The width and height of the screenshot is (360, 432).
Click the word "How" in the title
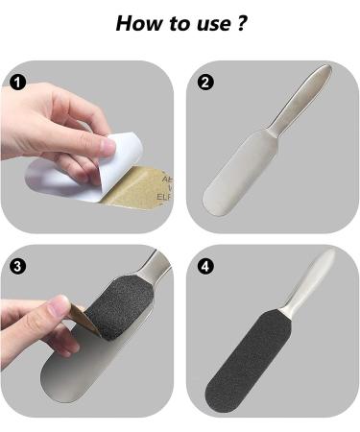137,23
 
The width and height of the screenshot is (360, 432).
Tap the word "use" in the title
208,24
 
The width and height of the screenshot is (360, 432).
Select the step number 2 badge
204,82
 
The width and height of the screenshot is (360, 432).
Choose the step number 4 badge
204,266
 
